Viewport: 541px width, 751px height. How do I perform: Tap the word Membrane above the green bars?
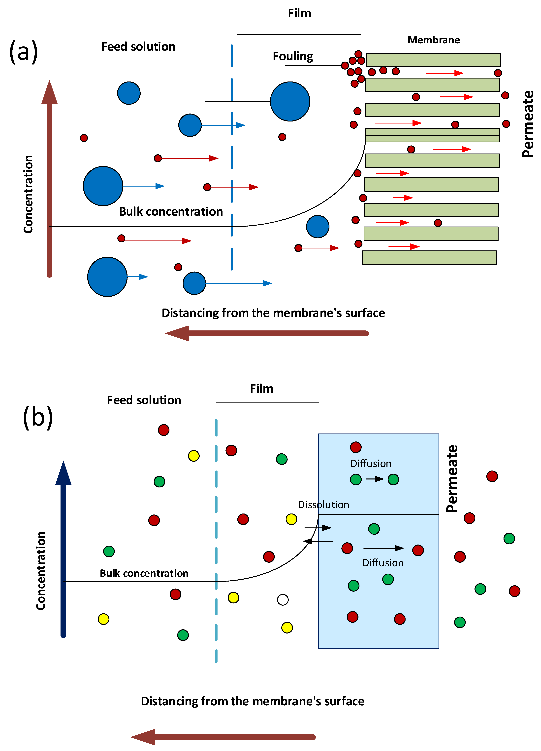click(433, 40)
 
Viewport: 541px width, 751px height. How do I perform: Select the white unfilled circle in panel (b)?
click(283, 599)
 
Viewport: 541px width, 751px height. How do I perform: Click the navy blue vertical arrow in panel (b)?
click(63, 550)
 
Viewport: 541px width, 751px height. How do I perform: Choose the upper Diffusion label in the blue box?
click(371, 464)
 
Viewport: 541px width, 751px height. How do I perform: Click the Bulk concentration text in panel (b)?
click(144, 573)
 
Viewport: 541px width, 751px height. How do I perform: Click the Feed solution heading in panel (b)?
click(144, 400)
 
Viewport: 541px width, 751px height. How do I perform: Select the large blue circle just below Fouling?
click(290, 101)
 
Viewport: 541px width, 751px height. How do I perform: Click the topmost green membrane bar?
click(433, 60)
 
